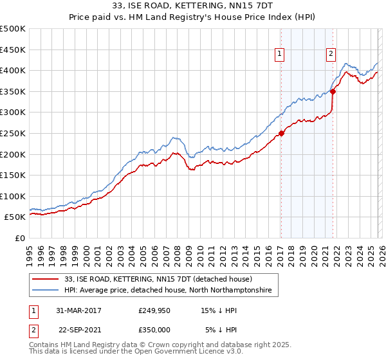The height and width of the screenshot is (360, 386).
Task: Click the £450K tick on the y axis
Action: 13,50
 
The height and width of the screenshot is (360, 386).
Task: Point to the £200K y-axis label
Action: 13,154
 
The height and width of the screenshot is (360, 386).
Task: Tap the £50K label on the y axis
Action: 15,217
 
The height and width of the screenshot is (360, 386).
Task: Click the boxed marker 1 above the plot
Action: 280,55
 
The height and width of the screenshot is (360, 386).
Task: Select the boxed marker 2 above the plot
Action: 331,55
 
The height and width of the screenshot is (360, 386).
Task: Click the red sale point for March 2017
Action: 281,134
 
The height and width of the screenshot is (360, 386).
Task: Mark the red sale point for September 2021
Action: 333,91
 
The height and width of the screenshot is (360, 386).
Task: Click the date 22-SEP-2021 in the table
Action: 78,331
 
